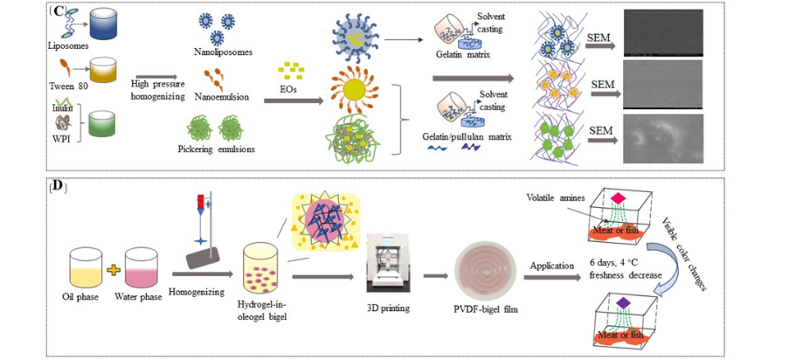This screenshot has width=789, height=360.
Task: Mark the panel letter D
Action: (x=57, y=187)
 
